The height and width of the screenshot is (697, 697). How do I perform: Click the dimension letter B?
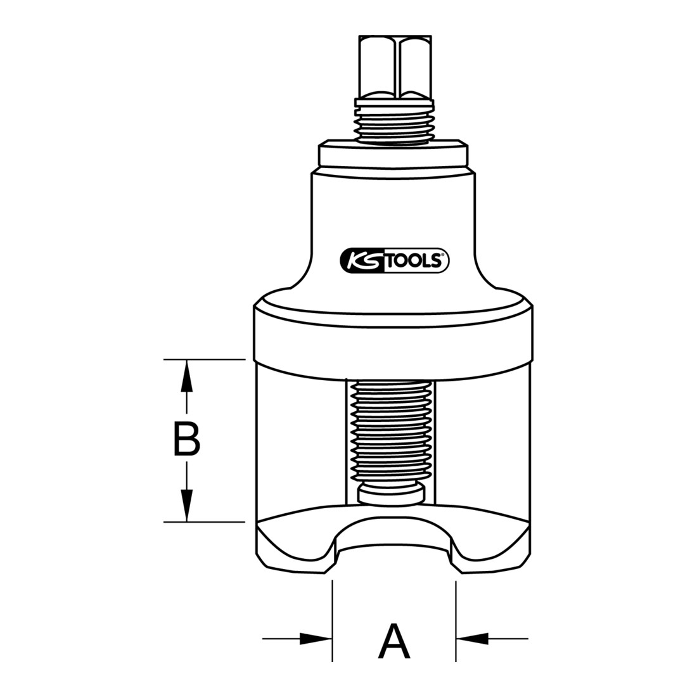(186, 439)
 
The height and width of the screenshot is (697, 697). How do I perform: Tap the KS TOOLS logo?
(394, 260)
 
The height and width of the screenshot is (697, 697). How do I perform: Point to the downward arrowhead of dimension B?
(187, 506)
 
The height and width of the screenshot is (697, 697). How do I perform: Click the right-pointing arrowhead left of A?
(316, 639)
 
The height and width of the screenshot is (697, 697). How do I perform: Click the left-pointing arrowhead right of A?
(472, 639)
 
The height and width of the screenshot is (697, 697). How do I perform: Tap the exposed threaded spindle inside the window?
(391, 431)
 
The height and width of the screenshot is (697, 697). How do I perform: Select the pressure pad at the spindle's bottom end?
(391, 494)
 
